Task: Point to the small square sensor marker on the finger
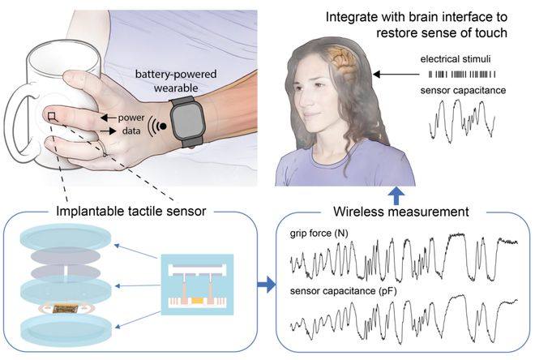coord(51,118)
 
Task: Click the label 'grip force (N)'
coord(319,234)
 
